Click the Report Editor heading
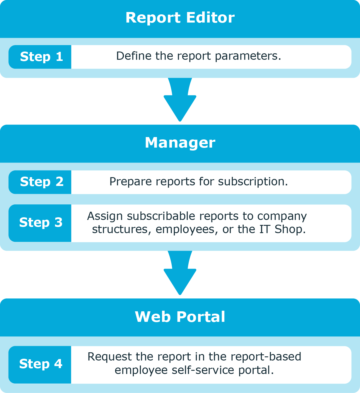click(180, 18)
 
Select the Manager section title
click(180, 142)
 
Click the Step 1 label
click(41, 57)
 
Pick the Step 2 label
click(42, 182)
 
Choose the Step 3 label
click(41, 223)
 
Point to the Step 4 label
click(41, 364)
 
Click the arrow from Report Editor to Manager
click(180, 100)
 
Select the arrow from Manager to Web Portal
click(180, 273)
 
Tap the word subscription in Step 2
click(253, 182)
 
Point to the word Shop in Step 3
click(290, 229)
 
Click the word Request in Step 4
click(110, 357)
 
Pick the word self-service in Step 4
click(203, 370)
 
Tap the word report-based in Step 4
click(266, 357)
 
